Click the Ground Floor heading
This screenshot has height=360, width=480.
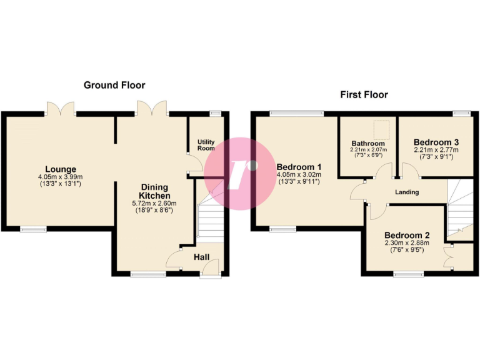click(114, 85)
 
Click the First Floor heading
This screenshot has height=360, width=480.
click(364, 95)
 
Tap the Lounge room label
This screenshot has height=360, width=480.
click(61, 169)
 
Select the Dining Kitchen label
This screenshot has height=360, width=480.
click(154, 191)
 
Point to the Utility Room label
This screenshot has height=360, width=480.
click(206, 145)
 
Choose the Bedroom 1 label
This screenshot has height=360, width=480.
click(299, 167)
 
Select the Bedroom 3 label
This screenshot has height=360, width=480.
click(436, 142)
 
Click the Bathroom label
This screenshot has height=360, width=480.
click(368, 143)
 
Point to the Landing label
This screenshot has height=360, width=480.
click(407, 192)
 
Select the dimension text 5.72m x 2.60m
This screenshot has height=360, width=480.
click(154, 203)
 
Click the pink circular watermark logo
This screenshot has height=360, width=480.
click(239, 173)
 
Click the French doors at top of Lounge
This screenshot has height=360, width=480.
click(61, 109)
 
